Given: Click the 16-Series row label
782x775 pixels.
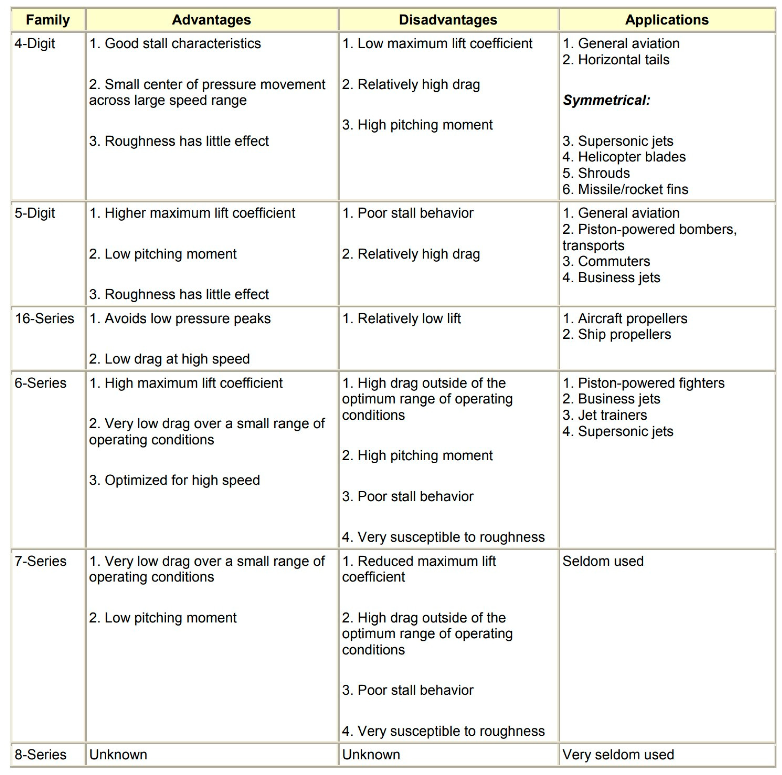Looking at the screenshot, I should [44, 319].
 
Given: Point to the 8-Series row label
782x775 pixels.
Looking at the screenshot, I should [40, 755].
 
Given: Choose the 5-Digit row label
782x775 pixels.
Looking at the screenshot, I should [35, 213].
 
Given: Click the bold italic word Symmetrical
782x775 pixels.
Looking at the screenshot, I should [606, 100].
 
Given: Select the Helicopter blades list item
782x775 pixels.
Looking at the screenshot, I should [624, 157].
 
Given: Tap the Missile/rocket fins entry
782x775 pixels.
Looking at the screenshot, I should [625, 189].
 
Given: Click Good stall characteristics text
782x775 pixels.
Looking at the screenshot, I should [175, 43].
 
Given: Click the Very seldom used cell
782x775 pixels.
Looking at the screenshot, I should [618, 755].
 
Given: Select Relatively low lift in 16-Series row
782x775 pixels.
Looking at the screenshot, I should [402, 319].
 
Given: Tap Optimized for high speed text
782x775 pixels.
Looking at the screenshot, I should [175, 480].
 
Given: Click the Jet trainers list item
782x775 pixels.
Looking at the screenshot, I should [605, 415].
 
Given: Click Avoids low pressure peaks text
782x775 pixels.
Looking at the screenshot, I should [180, 319].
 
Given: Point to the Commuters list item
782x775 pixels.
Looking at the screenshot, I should [606, 261].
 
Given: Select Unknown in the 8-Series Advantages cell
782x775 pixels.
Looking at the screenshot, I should [118, 755].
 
